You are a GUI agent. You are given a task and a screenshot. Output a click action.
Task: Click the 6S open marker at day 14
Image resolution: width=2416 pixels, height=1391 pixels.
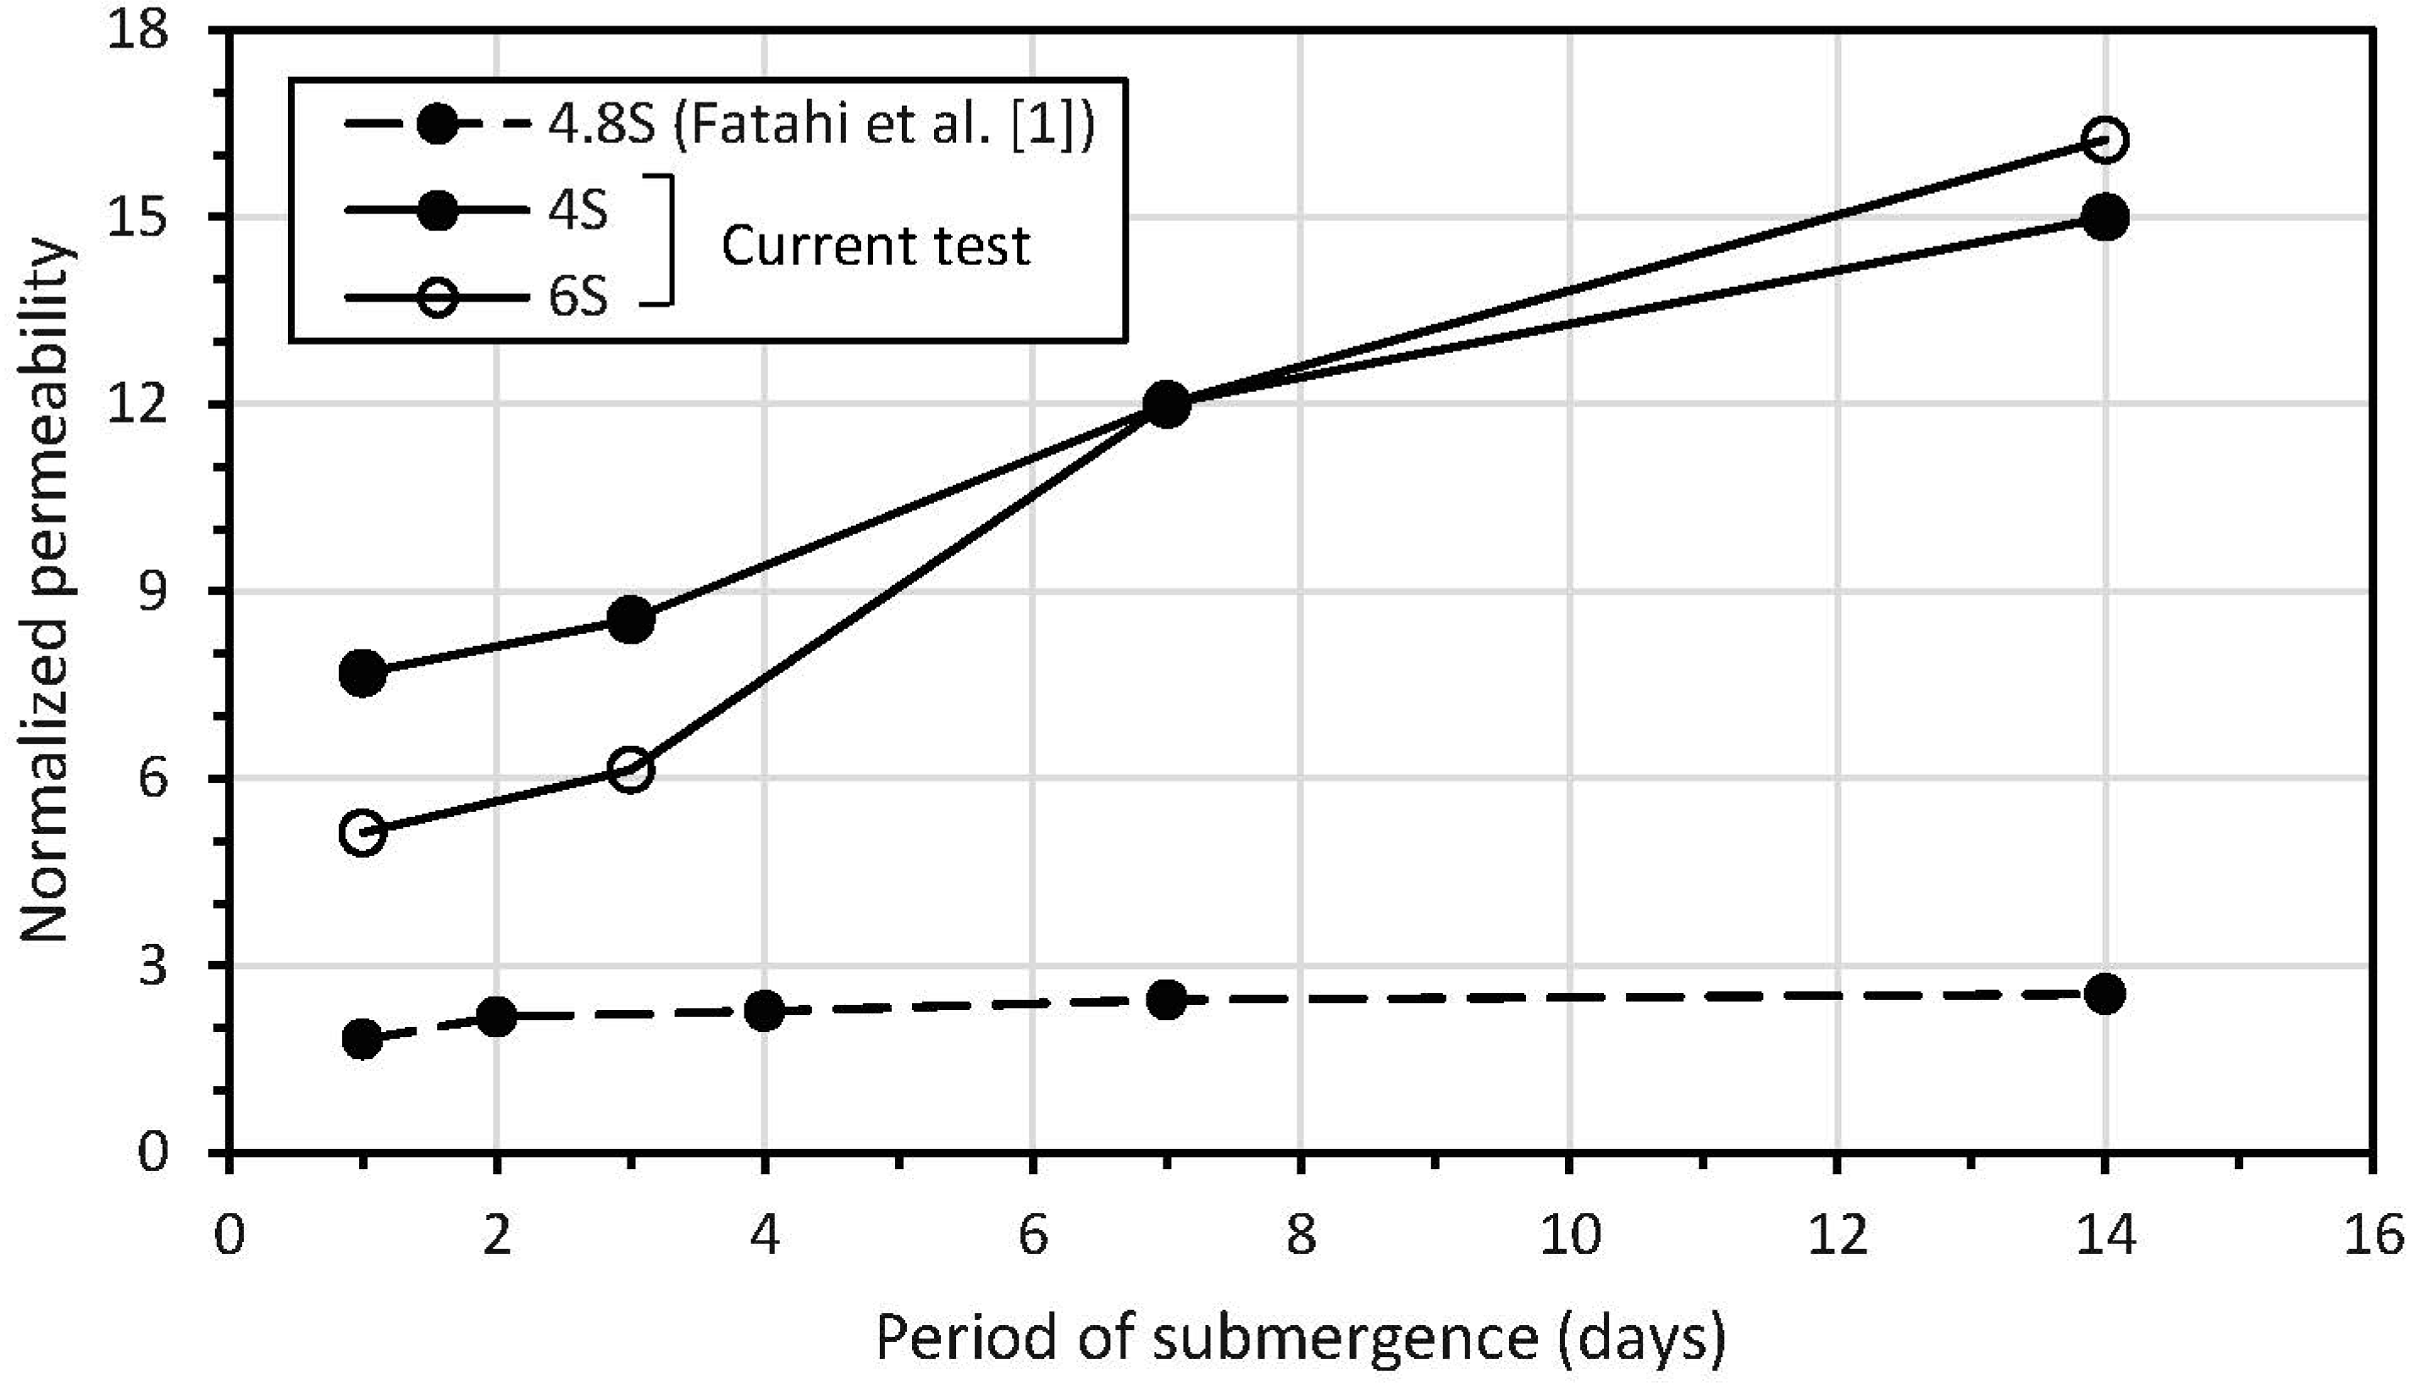click(x=2104, y=140)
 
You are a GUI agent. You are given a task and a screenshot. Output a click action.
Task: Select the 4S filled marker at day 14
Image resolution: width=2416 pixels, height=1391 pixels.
click(x=2104, y=218)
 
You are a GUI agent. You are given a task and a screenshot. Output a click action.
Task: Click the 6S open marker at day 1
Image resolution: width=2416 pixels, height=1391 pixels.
click(x=363, y=832)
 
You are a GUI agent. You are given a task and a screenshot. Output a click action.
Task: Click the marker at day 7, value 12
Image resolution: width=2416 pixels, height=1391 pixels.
click(x=1166, y=404)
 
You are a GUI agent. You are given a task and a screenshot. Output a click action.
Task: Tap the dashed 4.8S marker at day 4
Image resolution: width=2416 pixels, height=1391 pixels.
click(x=764, y=1010)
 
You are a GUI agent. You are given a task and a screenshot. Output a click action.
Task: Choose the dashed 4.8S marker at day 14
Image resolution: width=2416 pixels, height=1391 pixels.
click(x=2104, y=995)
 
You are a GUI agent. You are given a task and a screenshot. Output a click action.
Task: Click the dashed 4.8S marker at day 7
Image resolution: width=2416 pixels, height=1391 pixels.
click(x=1166, y=1000)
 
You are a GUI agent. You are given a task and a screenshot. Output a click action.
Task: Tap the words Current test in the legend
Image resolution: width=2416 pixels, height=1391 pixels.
click(x=875, y=246)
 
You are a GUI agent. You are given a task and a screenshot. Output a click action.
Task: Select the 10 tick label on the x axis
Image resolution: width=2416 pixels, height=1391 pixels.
click(x=1569, y=1235)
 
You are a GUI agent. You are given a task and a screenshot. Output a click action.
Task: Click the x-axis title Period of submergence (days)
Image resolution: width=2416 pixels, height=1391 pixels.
click(x=1300, y=1339)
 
